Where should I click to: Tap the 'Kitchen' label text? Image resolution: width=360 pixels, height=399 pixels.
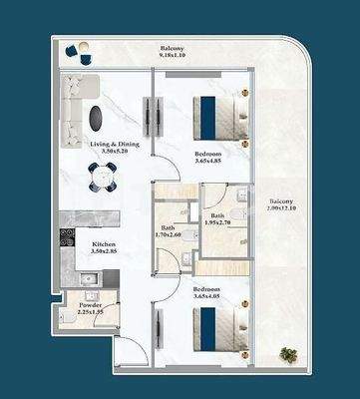[x=106, y=245]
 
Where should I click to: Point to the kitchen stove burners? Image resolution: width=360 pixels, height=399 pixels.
[x=68, y=239]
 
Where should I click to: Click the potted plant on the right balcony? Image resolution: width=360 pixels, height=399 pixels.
[x=289, y=354]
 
